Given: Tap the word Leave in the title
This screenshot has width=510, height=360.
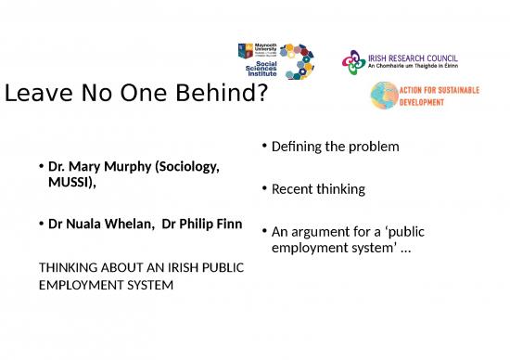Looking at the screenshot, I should click(40, 93).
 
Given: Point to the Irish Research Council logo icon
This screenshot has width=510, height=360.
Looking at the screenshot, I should click(351, 62).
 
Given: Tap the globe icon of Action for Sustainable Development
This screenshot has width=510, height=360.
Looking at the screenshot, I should click(384, 96).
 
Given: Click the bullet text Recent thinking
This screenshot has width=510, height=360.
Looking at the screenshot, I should click(318, 189).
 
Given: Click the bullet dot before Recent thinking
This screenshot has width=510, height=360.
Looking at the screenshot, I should click(264, 189).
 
